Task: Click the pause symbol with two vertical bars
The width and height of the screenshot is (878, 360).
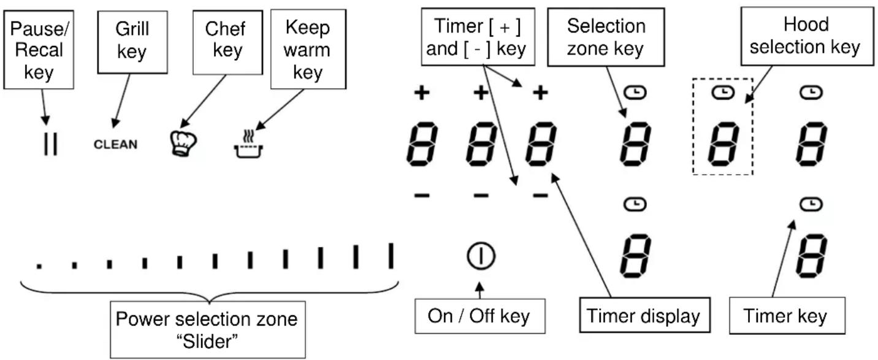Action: tap(50, 144)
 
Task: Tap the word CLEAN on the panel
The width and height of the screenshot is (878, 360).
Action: tap(116, 145)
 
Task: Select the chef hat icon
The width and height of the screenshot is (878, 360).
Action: tap(183, 144)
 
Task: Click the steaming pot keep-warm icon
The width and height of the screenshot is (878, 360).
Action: tap(248, 144)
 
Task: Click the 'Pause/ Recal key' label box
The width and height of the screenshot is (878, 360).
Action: tap(39, 50)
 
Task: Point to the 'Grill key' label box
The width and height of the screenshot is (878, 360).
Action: tap(132, 42)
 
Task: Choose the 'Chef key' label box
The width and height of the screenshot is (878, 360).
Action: tap(227, 42)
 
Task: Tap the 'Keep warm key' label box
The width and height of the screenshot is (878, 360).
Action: tap(308, 49)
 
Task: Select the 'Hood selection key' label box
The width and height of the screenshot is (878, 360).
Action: tap(807, 36)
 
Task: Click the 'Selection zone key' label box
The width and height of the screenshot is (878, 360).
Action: tap(606, 37)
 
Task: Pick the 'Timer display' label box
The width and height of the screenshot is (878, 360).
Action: tap(645, 315)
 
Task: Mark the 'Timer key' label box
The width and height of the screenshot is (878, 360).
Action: tap(787, 316)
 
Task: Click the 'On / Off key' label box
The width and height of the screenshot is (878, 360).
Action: tap(480, 316)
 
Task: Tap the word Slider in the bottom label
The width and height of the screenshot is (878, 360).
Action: tap(208, 341)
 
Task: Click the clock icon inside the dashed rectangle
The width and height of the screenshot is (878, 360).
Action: tap(722, 93)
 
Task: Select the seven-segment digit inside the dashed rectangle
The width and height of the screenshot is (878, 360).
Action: tap(723, 144)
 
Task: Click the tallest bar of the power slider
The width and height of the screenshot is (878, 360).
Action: tap(391, 256)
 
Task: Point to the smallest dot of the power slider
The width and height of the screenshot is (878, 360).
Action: tap(39, 266)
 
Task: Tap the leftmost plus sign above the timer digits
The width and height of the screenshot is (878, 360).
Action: tap(422, 93)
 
